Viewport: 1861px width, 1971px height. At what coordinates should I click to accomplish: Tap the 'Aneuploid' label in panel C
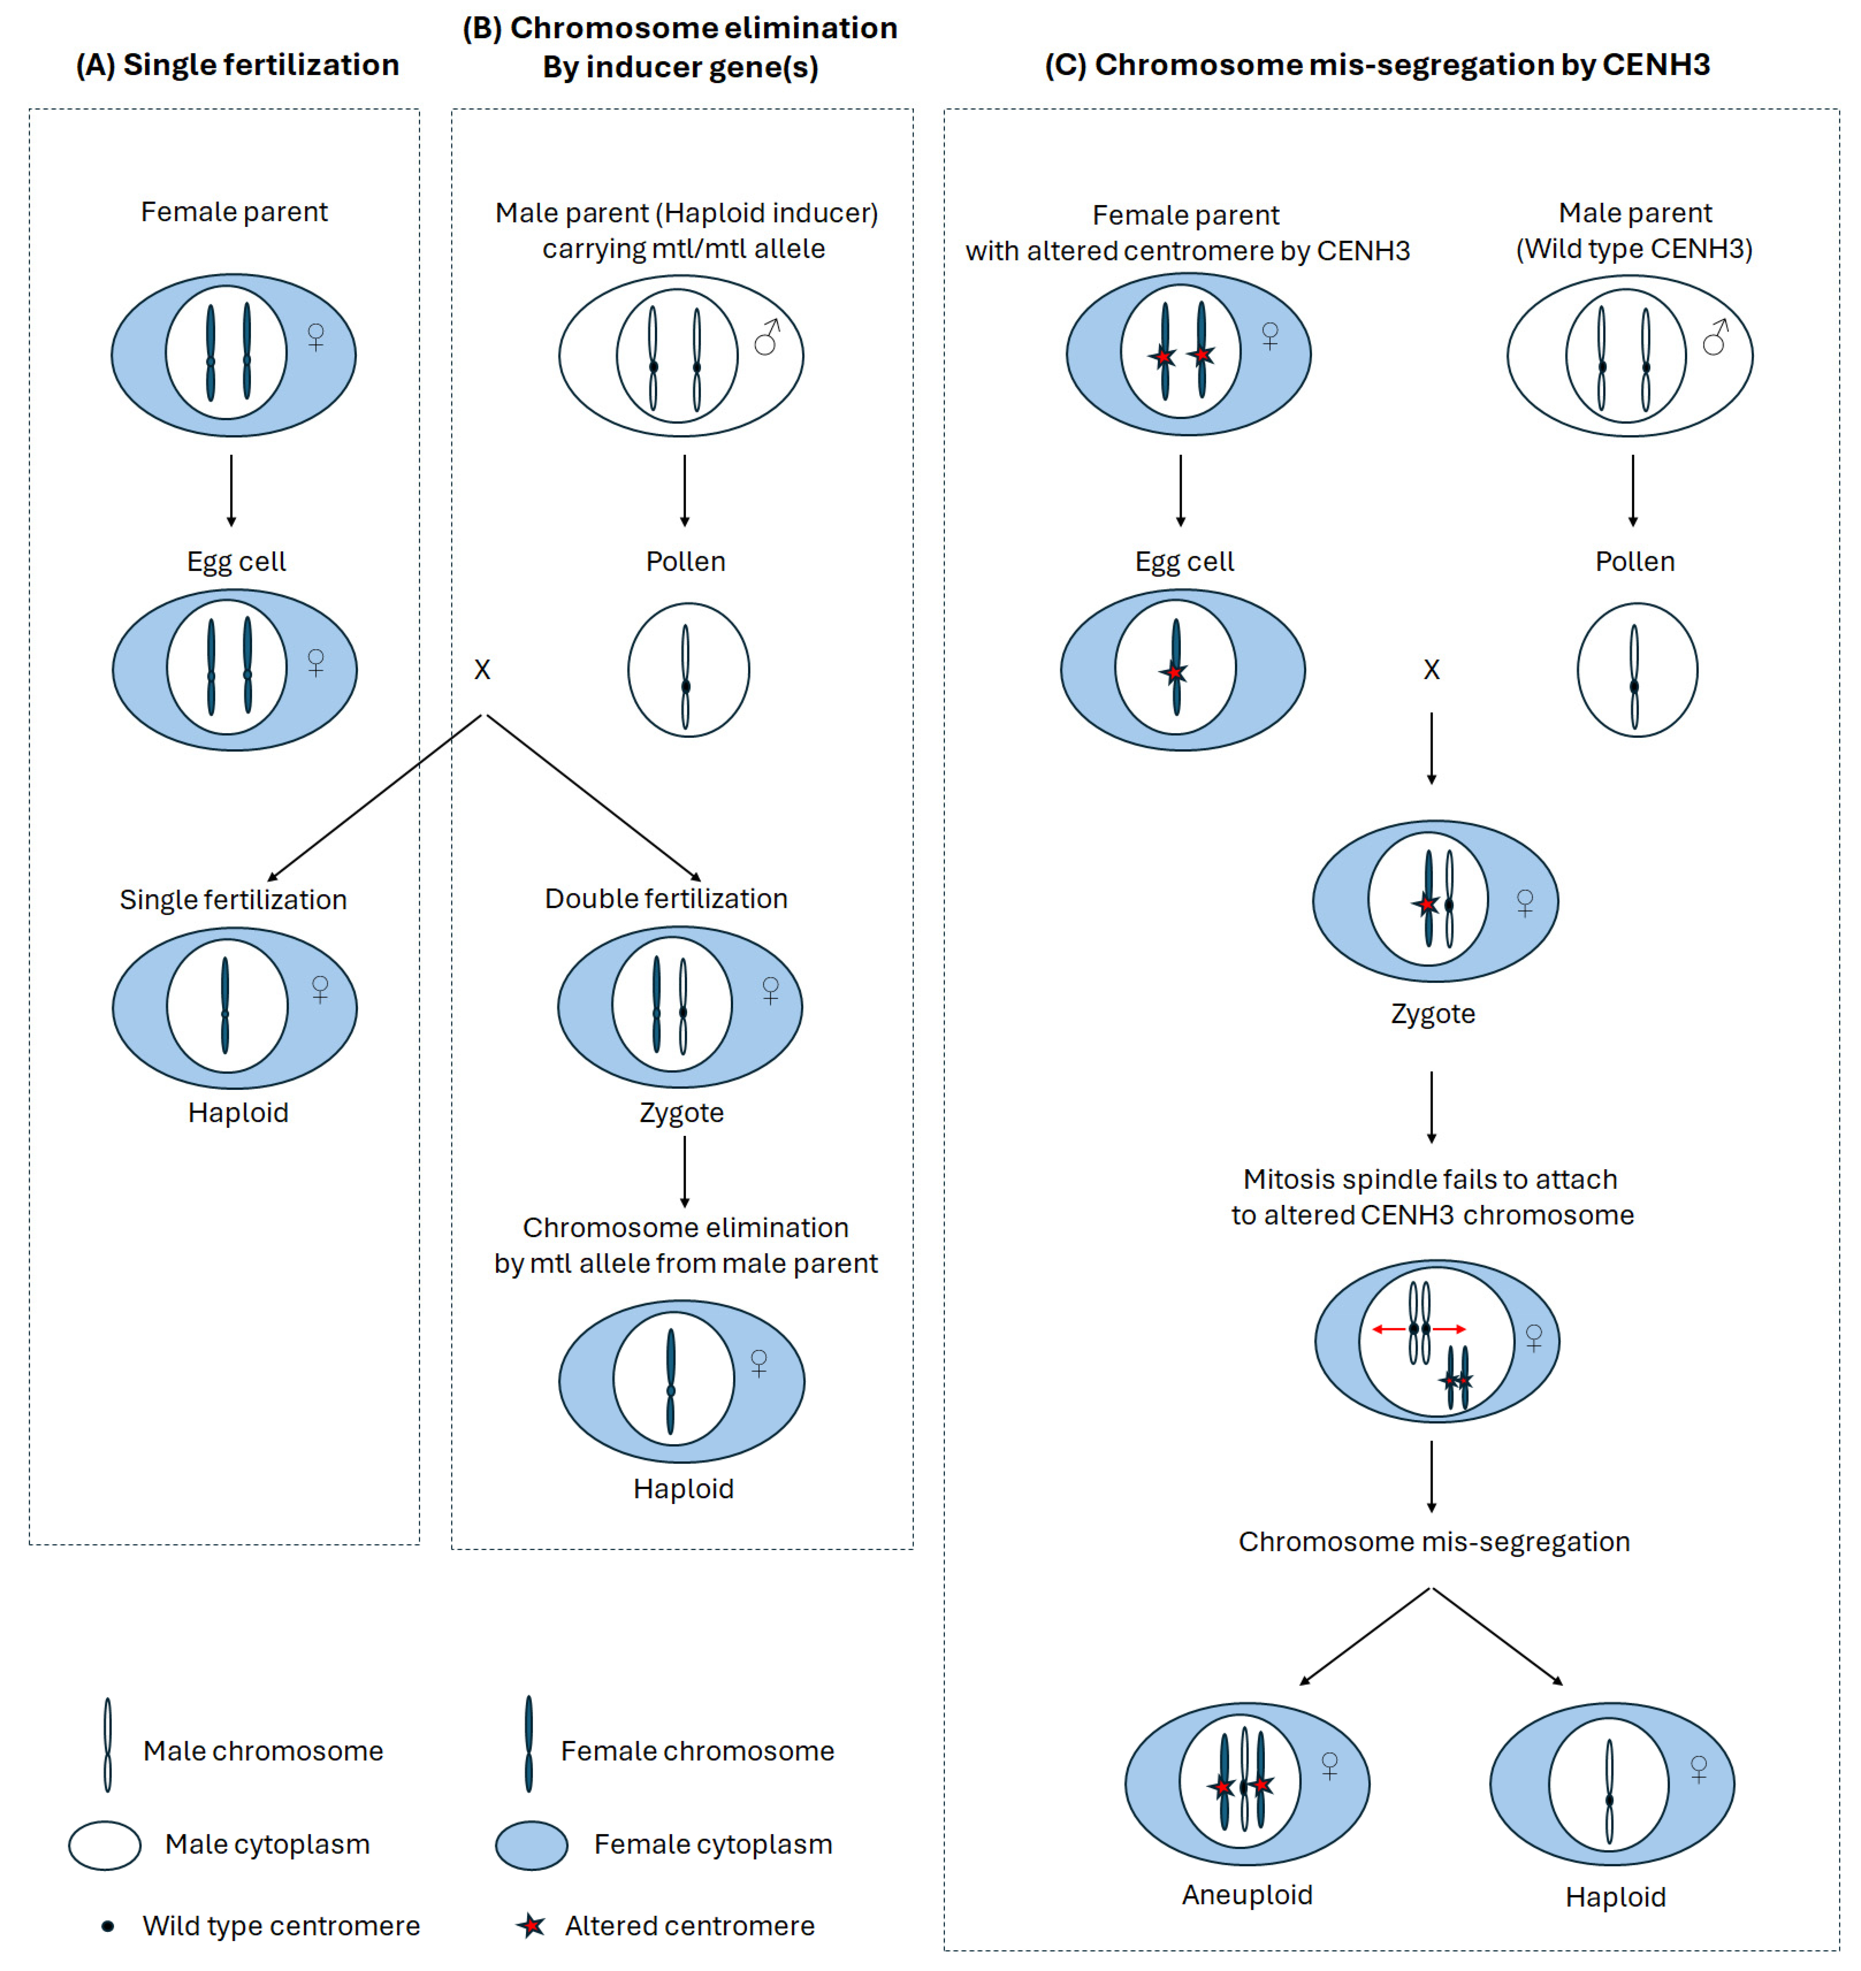[x=1247, y=1895]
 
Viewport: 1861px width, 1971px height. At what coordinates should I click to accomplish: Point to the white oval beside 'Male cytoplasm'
[x=104, y=1845]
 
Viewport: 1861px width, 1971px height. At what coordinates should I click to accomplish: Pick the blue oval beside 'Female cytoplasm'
[x=532, y=1845]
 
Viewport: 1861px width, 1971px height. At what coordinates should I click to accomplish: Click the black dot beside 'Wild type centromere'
[x=108, y=1926]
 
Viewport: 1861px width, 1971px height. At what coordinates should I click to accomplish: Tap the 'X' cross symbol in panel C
[x=1431, y=670]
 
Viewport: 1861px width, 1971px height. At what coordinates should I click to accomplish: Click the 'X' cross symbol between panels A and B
[x=482, y=670]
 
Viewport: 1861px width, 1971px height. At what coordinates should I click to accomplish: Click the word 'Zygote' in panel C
[x=1432, y=1014]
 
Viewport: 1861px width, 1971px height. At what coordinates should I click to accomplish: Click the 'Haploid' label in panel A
[x=238, y=1113]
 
